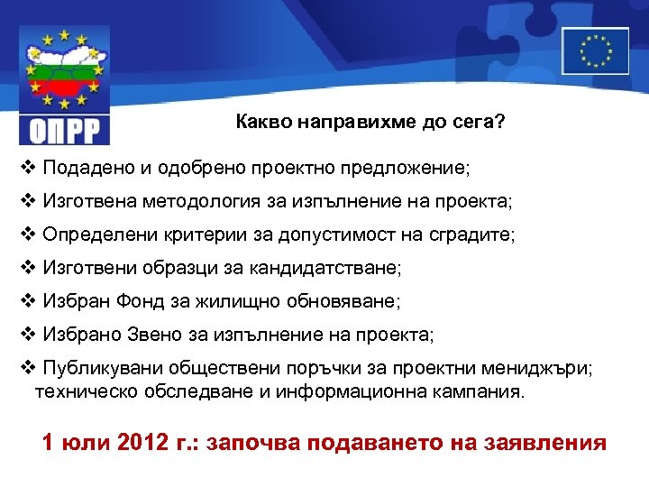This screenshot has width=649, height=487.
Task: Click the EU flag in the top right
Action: (x=595, y=51)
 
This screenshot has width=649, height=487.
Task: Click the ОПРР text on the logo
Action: (x=64, y=131)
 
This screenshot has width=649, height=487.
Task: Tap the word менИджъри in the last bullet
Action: (x=543, y=369)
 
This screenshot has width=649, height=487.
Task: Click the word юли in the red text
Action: (x=87, y=443)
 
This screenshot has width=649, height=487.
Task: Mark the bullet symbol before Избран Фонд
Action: (x=26, y=301)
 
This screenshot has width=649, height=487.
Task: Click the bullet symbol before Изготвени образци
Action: (x=26, y=268)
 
